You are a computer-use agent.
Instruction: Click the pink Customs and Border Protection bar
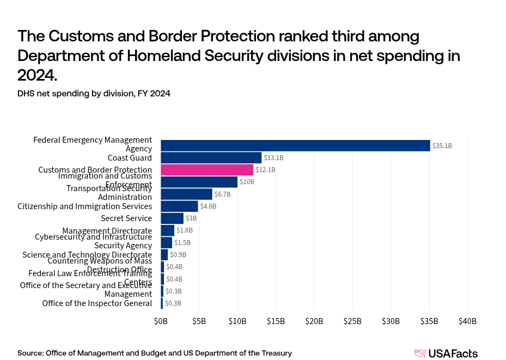207,170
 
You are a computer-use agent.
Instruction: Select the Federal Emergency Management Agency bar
295,145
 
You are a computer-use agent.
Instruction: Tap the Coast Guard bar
211,158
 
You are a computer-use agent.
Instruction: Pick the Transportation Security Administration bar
186,194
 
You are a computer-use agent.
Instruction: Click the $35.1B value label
442,146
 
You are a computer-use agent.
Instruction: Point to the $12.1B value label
265,170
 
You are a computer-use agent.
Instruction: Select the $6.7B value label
222,194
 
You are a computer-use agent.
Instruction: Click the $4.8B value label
208,206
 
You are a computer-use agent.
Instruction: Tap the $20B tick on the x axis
314,321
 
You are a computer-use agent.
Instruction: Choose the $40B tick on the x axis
467,321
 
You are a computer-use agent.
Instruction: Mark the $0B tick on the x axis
161,321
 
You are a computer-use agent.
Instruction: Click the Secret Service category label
126,218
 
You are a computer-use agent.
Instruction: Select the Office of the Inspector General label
97,303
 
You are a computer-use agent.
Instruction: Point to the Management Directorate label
107,231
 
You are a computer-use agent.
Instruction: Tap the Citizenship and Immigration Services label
84,206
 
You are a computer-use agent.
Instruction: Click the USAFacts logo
446,353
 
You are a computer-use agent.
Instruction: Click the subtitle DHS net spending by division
94,94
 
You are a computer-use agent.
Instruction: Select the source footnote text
155,353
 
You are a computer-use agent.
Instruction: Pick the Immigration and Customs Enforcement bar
199,182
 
